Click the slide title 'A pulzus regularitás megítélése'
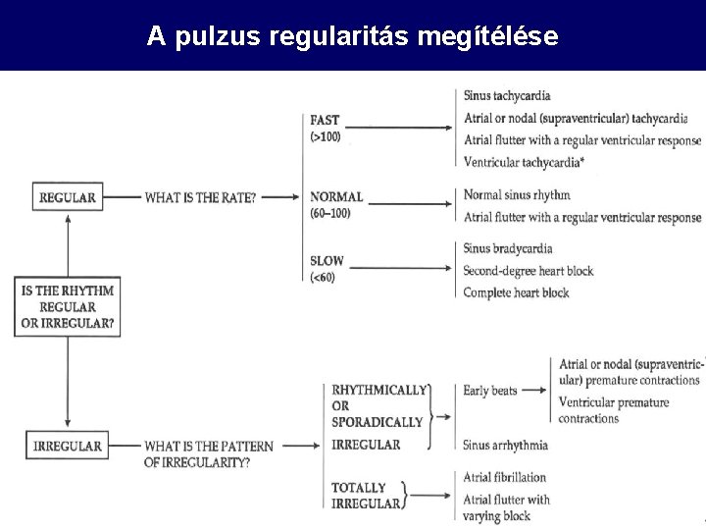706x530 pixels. click(353, 37)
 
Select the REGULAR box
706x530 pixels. click(67, 197)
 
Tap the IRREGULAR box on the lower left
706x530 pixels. click(67, 447)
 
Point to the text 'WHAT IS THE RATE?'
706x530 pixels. click(201, 197)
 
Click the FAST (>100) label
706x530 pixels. click(326, 129)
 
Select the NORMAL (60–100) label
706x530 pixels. click(336, 204)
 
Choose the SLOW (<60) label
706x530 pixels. click(327, 270)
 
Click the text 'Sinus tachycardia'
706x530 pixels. click(507, 96)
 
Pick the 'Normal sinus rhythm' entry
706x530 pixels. click(517, 195)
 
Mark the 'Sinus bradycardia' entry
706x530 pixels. click(508, 249)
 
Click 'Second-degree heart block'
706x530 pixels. click(529, 271)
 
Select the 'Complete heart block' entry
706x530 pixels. click(516, 292)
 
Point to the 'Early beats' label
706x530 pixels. click(490, 391)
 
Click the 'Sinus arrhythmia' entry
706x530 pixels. click(506, 445)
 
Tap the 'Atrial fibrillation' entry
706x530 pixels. click(505, 477)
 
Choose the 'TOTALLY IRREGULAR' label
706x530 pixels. click(365, 496)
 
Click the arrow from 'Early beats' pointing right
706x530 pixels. click(535, 391)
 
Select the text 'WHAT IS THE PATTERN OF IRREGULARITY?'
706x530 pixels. click(209, 454)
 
